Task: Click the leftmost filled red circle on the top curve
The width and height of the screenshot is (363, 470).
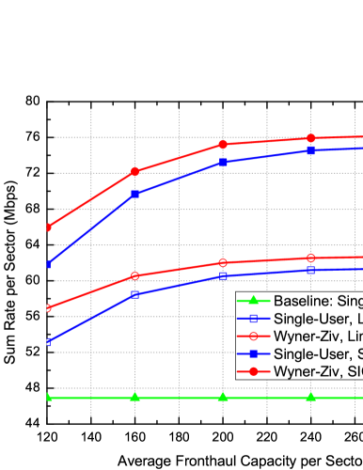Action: tap(48, 227)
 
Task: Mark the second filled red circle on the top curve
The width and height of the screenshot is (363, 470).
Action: tap(135, 171)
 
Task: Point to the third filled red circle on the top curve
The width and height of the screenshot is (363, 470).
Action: tap(223, 144)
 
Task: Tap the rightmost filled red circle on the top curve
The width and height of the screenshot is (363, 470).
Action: tap(310, 137)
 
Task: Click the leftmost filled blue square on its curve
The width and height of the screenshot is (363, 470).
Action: tap(48, 264)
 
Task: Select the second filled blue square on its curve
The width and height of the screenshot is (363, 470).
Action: tap(135, 194)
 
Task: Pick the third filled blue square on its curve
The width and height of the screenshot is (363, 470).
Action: tap(223, 162)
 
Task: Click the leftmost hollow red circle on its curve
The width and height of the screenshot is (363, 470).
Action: tap(48, 307)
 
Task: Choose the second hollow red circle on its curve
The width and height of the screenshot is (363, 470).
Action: tap(135, 275)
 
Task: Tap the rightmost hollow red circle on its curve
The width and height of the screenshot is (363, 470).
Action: tap(310, 258)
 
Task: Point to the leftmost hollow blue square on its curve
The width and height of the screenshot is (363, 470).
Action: tap(48, 341)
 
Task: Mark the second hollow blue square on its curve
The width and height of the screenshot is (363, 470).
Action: tap(135, 294)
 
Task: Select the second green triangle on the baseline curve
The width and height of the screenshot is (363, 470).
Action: tap(135, 397)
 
